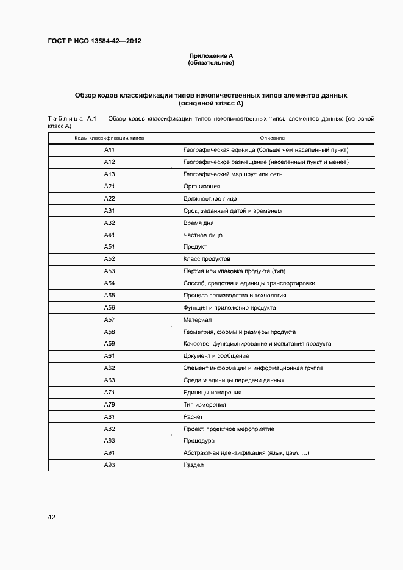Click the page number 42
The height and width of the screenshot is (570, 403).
[x=52, y=517]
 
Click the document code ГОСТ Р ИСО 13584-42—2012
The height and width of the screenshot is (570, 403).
[x=95, y=41]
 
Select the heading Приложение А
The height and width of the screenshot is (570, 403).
[x=211, y=56]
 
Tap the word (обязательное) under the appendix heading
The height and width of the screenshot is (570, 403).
[x=211, y=63]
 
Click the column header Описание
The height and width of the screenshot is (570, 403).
[x=272, y=138]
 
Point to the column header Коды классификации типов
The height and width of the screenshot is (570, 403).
[x=110, y=138]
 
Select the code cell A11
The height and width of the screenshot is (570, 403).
[x=110, y=150]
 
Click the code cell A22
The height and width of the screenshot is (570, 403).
[x=110, y=199]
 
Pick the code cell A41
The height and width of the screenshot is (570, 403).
[x=110, y=235]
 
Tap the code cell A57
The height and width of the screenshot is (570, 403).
[x=110, y=319]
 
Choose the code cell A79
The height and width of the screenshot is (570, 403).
[x=110, y=404]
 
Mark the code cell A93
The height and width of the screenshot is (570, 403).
[x=110, y=465]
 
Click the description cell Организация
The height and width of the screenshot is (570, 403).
[x=202, y=187]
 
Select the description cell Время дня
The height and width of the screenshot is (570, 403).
[x=198, y=223]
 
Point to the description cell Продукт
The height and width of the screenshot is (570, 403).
[x=195, y=247]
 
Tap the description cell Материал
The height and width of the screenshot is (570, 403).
[x=198, y=319]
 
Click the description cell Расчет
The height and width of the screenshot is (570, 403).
[x=193, y=416]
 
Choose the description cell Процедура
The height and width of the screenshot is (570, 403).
[x=199, y=440]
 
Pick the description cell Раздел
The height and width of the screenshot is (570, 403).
[x=193, y=465]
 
